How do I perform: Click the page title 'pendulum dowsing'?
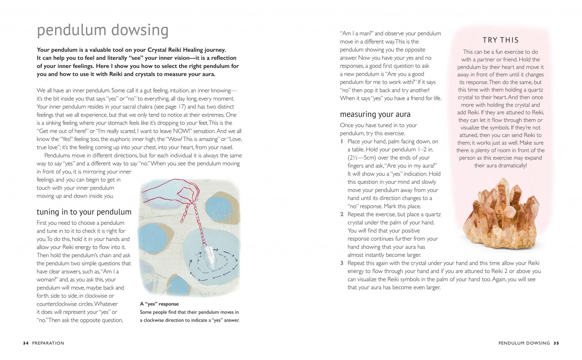pos(103,30)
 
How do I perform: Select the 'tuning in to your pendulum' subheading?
pos(84,212)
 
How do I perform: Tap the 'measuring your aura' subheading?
pos(375,114)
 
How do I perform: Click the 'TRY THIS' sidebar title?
pos(501,40)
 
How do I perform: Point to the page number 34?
pos(26,343)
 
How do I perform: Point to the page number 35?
pos(556,343)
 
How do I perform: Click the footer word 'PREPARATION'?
pos(48,343)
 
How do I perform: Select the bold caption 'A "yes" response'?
pos(159,304)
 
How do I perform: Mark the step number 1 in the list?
pos(342,142)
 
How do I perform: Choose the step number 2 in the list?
pos(342,214)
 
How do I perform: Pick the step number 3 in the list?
pos(342,263)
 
